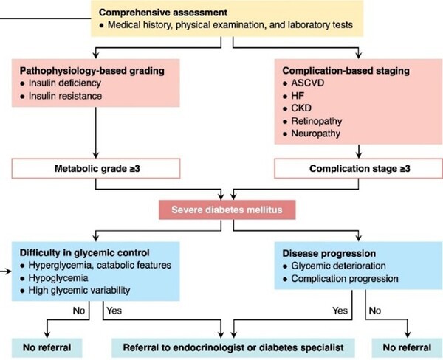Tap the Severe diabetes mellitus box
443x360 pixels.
(230, 210)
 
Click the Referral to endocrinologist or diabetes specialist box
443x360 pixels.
(233, 345)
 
